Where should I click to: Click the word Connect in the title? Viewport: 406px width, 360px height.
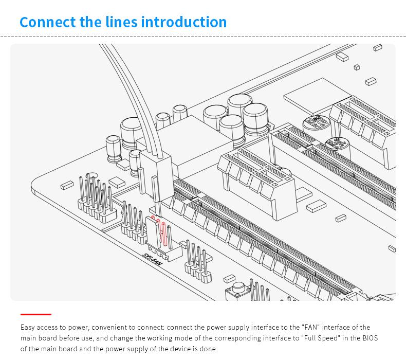coord(48,22)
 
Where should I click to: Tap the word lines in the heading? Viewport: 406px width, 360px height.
coord(121,22)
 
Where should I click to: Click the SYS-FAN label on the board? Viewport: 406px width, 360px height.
coord(153,260)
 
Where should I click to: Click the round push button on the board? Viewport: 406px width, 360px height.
coord(238,287)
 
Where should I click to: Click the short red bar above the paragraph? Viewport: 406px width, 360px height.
coord(36,314)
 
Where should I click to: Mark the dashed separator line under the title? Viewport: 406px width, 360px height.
coord(203,37)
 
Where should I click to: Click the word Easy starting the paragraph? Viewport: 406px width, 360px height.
coord(27,328)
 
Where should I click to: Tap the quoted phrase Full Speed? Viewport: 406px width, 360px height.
coord(320,338)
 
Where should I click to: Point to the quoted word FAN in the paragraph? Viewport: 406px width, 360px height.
coord(311,327)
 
